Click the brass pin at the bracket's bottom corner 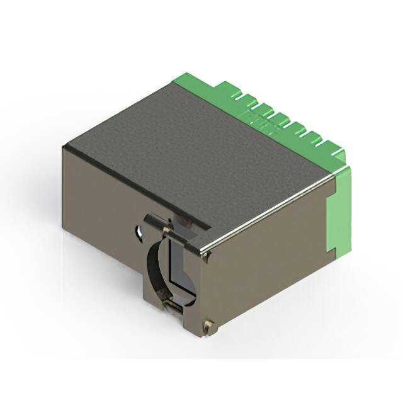pyautogui.click(x=210, y=325)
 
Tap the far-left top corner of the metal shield pyautogui.click(x=65, y=146)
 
